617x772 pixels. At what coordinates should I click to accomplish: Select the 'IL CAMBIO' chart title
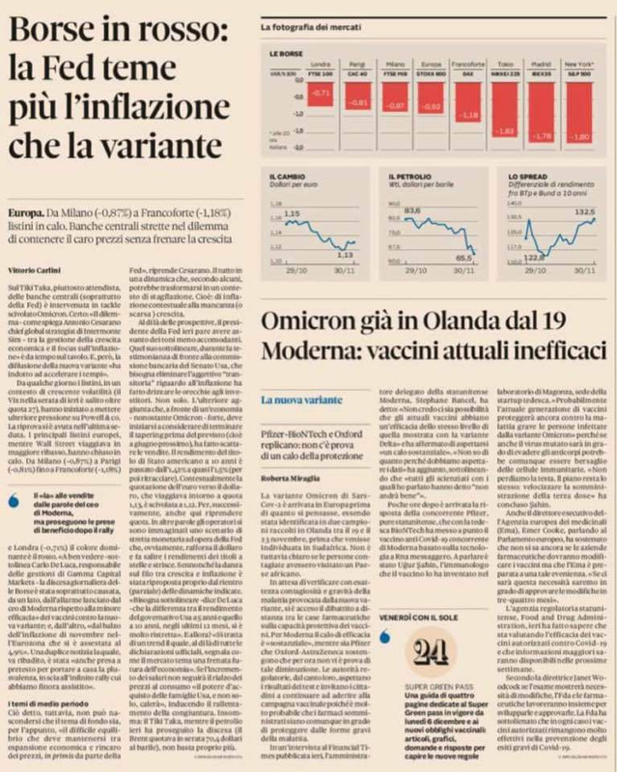point(288,176)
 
